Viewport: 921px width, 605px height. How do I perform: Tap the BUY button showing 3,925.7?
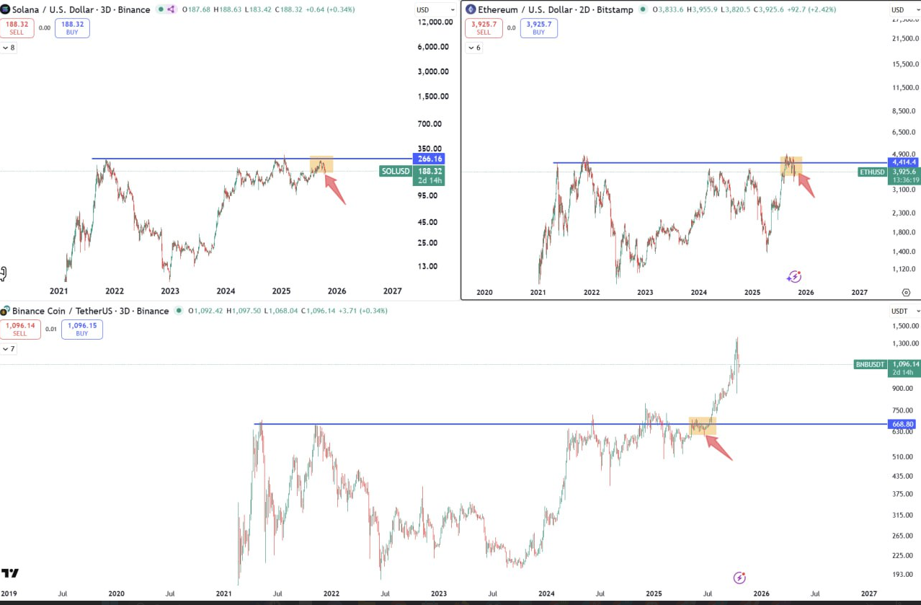[x=539, y=28]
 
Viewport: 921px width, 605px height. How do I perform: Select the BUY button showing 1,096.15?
[x=82, y=329]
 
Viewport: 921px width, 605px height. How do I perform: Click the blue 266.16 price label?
[x=429, y=159]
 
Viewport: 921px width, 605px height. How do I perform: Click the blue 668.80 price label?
[x=902, y=424]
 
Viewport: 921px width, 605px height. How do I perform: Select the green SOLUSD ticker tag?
[x=396, y=171]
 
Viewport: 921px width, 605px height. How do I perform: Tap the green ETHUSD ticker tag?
[x=872, y=172]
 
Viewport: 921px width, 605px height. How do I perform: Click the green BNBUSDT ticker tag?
[x=870, y=364]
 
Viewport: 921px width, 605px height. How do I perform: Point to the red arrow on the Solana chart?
[x=334, y=190]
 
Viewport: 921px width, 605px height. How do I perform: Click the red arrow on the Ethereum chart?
[x=806, y=185]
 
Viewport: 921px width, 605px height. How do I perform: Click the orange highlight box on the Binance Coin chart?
[x=702, y=425]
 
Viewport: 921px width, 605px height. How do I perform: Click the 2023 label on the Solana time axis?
[x=170, y=291]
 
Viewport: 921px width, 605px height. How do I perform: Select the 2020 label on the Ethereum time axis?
[x=485, y=292]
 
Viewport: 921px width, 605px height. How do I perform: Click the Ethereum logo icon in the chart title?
[x=471, y=9]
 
